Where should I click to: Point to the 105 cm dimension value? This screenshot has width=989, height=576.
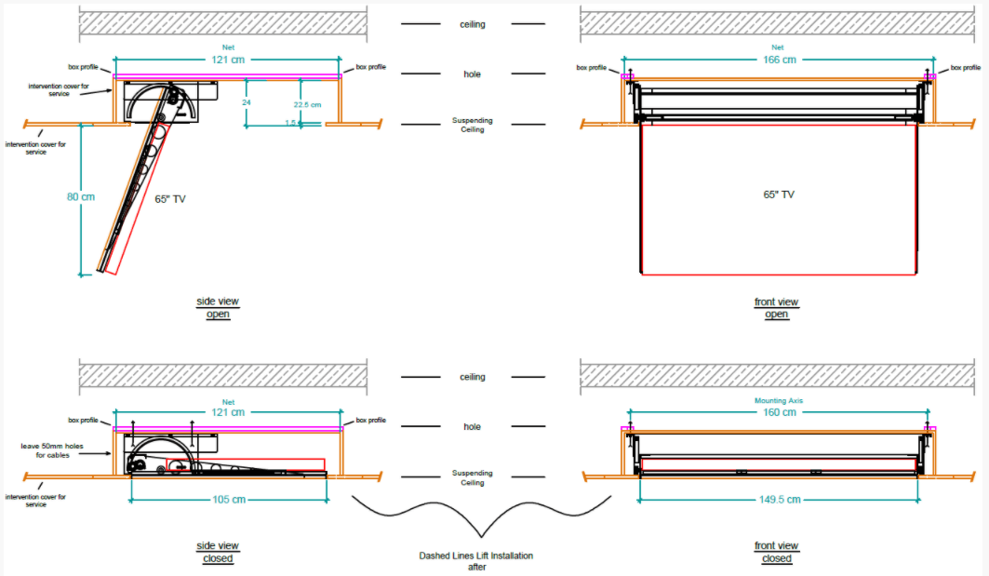point(228,500)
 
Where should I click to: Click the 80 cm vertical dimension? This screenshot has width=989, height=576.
point(81,197)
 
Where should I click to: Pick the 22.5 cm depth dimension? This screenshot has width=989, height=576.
point(306,104)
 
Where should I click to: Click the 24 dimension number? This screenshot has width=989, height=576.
point(247,102)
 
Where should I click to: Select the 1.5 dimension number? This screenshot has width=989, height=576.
point(291,123)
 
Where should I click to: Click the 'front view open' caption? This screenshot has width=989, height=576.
point(776,308)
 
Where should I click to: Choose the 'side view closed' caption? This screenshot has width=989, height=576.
point(218,552)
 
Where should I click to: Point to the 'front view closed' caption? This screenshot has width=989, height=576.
point(776,552)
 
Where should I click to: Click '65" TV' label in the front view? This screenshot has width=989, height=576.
point(778,194)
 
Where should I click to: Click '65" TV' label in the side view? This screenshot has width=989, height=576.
point(170,198)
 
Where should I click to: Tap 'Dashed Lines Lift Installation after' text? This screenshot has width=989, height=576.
point(476,560)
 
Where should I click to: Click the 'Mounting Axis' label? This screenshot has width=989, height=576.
point(778,401)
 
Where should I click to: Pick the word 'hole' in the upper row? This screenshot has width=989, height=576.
point(473,74)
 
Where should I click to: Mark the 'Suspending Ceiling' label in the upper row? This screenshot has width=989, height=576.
point(473,125)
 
